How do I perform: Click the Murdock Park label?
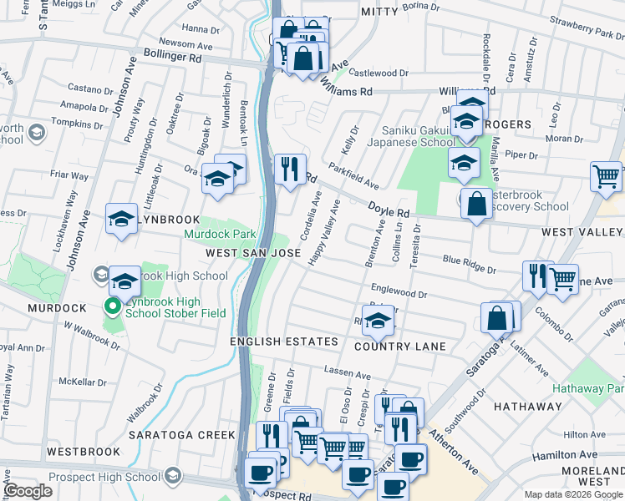click(x=219, y=235)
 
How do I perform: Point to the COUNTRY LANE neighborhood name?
click(x=399, y=346)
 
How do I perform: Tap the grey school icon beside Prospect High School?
click(x=173, y=477)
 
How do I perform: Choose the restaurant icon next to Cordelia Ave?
click(x=291, y=170)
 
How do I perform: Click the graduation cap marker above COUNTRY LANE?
click(x=379, y=319)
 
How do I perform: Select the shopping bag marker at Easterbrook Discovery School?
click(x=475, y=204)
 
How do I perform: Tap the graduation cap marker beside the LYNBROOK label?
click(x=121, y=219)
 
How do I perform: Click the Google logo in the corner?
click(x=28, y=491)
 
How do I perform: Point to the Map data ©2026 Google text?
click(x=573, y=494)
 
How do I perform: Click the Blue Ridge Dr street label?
click(x=469, y=264)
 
